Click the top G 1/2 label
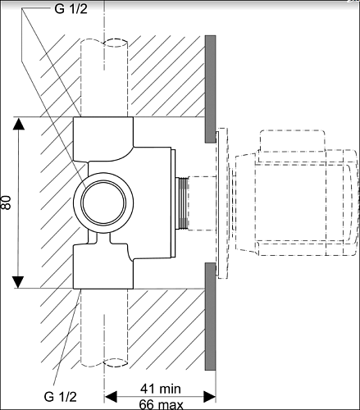coord(71,9)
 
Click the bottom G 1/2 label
coord(60,396)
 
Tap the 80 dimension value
coord(6,203)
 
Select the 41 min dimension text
coord(161,389)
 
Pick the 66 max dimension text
coord(161,404)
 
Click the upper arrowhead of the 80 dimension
coord(18,124)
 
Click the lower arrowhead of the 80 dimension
coord(18,282)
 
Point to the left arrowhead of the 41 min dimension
coord(111,396)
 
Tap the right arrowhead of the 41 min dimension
coord(210,396)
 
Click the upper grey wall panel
coord(211,89)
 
